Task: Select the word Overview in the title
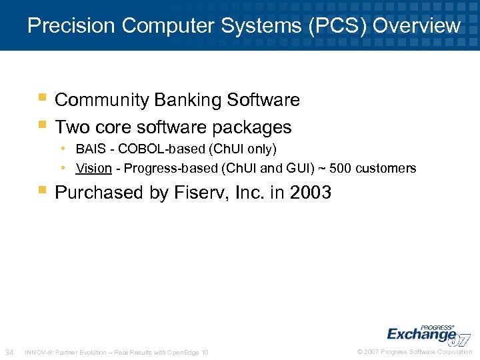tap(417, 25)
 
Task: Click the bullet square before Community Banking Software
tap(43, 99)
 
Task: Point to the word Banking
tap(189, 100)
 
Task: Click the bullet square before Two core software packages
tap(43, 125)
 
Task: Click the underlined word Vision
tap(93, 168)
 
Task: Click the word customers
tap(386, 168)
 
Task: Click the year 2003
tap(311, 193)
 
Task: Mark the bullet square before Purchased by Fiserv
tap(43, 191)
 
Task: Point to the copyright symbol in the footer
tap(360, 352)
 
